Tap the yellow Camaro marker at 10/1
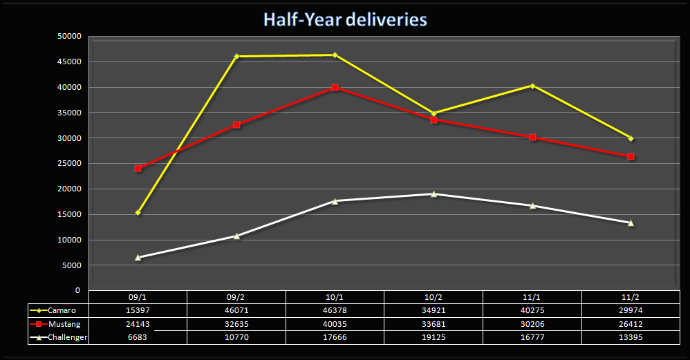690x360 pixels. (335, 55)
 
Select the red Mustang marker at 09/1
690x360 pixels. (138, 168)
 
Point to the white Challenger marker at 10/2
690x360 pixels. (433, 193)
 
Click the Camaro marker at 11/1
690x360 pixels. (532, 86)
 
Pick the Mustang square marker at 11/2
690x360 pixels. (631, 157)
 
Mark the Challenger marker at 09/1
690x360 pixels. (138, 257)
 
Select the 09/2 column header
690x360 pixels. (236, 297)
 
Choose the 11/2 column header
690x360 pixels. (631, 297)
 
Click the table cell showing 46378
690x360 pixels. (335, 310)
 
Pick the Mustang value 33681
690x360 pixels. (433, 324)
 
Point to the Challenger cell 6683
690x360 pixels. (138, 337)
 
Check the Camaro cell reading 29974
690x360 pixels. (631, 310)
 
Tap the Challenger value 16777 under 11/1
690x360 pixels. (532, 337)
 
